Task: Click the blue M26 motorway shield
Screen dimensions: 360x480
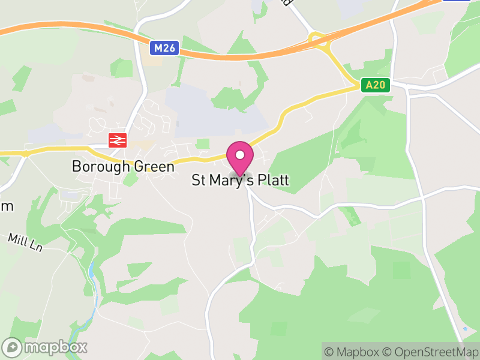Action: [x=165, y=47]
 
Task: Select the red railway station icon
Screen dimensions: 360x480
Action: [x=116, y=140]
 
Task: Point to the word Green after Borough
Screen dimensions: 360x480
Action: [x=150, y=166]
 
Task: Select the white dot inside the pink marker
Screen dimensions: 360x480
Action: [x=240, y=155]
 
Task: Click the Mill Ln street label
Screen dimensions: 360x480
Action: [x=25, y=241]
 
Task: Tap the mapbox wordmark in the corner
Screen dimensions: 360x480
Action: [x=56, y=347]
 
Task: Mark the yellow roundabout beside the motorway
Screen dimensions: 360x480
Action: [x=317, y=40]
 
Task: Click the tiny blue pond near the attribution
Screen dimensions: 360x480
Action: [x=465, y=329]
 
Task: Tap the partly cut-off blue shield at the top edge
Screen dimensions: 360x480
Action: [x=456, y=1]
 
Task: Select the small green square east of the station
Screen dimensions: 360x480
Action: [x=203, y=143]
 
